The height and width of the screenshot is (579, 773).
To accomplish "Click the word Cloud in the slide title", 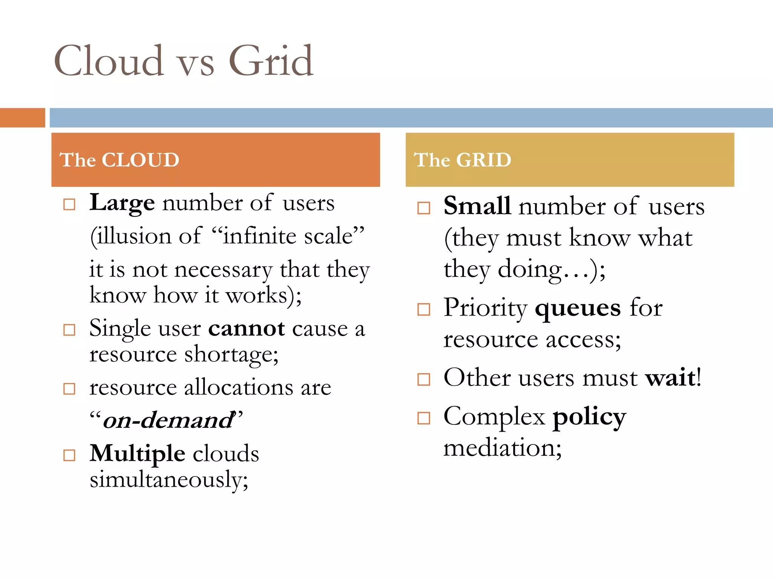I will pos(109,61).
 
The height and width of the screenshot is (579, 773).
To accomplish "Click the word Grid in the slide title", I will pos(271,61).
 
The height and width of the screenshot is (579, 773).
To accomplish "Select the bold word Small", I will pos(477,206).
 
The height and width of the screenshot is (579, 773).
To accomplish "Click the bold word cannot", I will pos(246,328).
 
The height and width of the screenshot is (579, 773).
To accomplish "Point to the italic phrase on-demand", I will pos(168,420).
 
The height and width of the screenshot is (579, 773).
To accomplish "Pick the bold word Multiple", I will pos(137,453).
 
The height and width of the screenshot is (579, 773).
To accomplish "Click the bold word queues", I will pos(577,308).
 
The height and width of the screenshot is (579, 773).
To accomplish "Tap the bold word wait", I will pos(670,377).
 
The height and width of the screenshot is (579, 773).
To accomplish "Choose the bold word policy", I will pos(589,417).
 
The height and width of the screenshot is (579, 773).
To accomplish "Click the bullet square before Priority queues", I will pos(423,309).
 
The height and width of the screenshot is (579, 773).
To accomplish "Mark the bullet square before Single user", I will pos(69,330).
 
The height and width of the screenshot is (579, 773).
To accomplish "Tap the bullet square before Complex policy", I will pos(423,418).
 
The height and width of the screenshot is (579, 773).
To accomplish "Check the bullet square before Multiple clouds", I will pos(69,455).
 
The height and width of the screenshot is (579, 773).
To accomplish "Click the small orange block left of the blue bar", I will pos(22,118).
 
